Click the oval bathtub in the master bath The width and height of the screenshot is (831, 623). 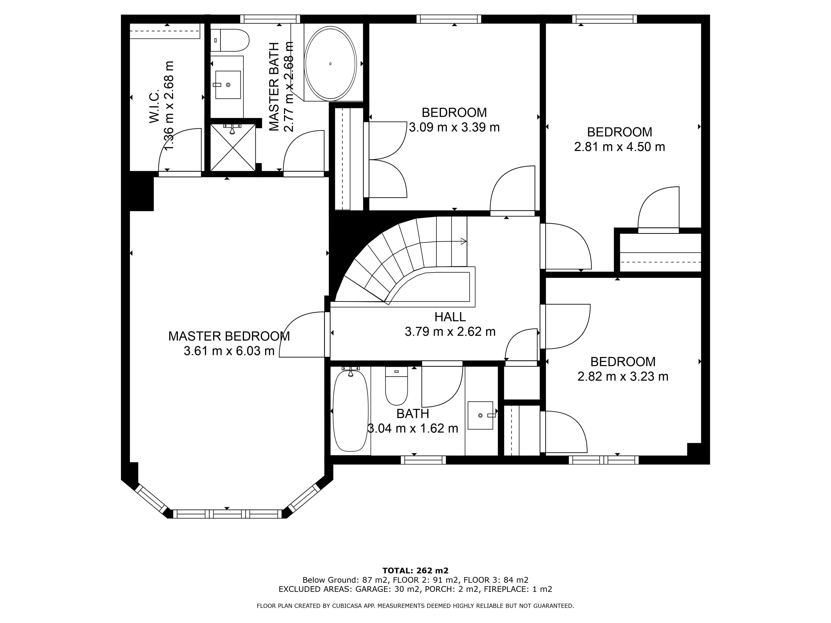[330, 63]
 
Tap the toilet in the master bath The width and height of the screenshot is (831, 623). [230, 40]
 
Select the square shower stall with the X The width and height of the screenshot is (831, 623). [233, 148]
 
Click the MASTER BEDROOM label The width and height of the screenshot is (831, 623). [229, 336]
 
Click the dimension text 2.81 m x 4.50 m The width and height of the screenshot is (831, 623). [620, 147]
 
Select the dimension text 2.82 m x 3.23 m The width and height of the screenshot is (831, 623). [623, 376]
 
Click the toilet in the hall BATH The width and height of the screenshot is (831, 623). [396, 386]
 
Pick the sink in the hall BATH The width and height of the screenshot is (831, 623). [480, 415]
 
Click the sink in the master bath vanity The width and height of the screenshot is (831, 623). [228, 85]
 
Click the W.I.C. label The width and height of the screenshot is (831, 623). [154, 106]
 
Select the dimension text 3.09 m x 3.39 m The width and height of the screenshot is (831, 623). [454, 127]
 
